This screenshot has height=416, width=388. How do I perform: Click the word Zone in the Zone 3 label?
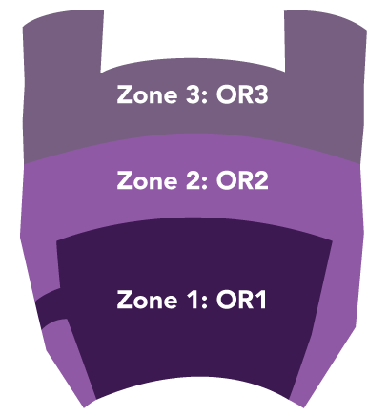pos(147,94)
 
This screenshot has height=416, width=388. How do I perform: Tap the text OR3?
pos(242,94)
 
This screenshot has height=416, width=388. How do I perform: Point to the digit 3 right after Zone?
pos(192,94)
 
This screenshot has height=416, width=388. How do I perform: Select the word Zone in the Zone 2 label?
pos(147,180)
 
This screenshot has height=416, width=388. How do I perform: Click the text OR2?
pos(242,180)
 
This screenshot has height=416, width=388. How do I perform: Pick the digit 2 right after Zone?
pos(192,180)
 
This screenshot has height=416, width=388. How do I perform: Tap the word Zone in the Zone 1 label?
pos(147,300)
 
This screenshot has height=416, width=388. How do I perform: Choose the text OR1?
pos(241,300)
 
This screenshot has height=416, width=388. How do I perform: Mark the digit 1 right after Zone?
pos(193,300)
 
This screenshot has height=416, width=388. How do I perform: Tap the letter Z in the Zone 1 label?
pos(125,300)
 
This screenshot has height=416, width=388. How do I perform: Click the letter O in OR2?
pos(226,180)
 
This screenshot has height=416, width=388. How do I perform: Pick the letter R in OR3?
pos(246,94)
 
